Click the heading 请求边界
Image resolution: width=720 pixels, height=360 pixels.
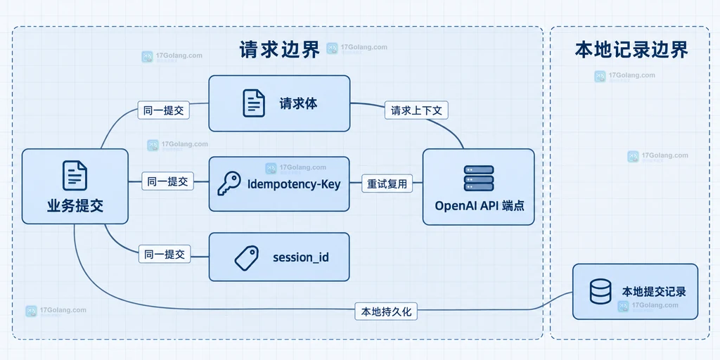pos(279,50)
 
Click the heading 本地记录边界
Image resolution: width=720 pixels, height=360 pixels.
pos(631,50)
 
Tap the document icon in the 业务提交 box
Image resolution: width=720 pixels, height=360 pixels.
pos(75,175)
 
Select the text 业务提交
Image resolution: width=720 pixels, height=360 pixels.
pos(75,206)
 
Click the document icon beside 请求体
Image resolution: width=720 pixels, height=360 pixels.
pos(254,103)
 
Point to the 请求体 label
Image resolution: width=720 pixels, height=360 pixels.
pos(298,104)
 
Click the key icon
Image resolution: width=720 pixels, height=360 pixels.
pos(229,184)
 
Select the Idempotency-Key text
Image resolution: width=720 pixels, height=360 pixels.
pos(294,184)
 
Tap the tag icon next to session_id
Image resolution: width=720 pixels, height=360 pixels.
pos(247,257)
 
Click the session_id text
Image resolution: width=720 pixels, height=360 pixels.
pos(301,257)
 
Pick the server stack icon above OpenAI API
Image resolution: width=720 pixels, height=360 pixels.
pos(479,178)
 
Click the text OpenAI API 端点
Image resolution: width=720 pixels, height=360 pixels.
pos(480,206)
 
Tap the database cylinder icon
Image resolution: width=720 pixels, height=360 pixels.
pos(600,292)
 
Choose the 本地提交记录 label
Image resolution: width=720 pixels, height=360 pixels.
pos(654,292)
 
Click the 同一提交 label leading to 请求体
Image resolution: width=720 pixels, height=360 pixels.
pos(164,110)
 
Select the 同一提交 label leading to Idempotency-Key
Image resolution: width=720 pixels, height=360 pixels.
pos(167,181)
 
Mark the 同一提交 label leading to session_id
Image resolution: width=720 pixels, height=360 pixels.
pos(165,255)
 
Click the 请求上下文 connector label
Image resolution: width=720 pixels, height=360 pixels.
pos(416,110)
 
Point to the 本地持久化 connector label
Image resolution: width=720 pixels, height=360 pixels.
pos(386,311)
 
